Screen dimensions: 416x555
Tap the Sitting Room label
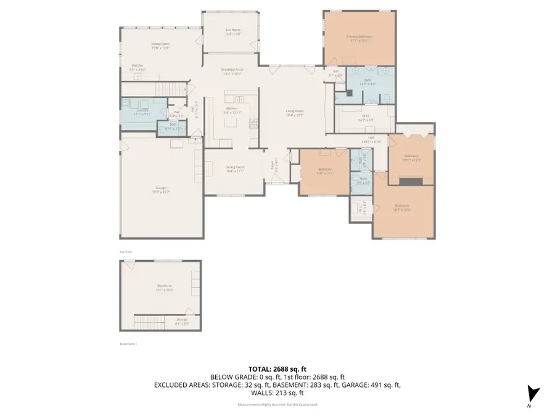pyautogui.click(x=161, y=45)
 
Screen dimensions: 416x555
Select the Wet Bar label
pyautogui.click(x=137, y=68)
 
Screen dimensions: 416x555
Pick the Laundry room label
pyautogui.click(x=142, y=112)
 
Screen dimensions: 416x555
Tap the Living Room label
pyautogui.click(x=295, y=113)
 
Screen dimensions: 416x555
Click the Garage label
pyautogui.click(x=162, y=190)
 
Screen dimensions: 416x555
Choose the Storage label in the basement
pyautogui.click(x=182, y=320)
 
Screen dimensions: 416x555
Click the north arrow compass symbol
pyautogui.click(x=533, y=394)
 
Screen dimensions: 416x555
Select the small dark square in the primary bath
pyautogui.click(x=348, y=94)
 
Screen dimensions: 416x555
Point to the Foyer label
pyautogui.click(x=273, y=166)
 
